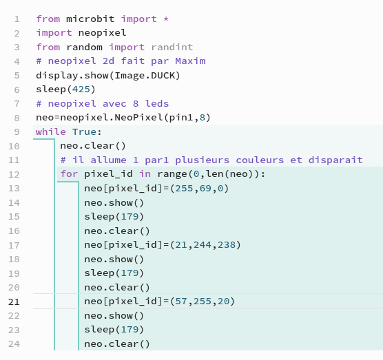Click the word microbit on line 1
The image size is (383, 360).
point(90,19)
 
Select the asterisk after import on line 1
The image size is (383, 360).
point(166,19)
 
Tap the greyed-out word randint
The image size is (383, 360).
point(172,47)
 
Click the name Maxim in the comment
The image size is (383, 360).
point(190,61)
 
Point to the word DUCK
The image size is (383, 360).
point(163,76)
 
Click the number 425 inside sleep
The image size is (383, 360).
point(81,89)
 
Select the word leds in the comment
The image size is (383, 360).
point(157,103)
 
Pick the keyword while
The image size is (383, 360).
point(51,131)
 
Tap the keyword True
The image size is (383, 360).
point(84,131)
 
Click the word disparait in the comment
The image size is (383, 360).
point(335,160)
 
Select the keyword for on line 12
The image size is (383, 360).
point(70,174)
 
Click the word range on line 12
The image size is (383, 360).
point(172,174)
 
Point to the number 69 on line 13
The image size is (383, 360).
point(205,189)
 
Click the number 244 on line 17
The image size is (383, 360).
point(203,245)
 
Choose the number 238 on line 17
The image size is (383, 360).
point(227,245)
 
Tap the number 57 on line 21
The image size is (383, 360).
point(181,301)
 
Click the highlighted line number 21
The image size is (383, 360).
point(14,302)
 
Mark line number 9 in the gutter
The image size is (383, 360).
point(17,132)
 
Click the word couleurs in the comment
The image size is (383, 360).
point(260,160)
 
